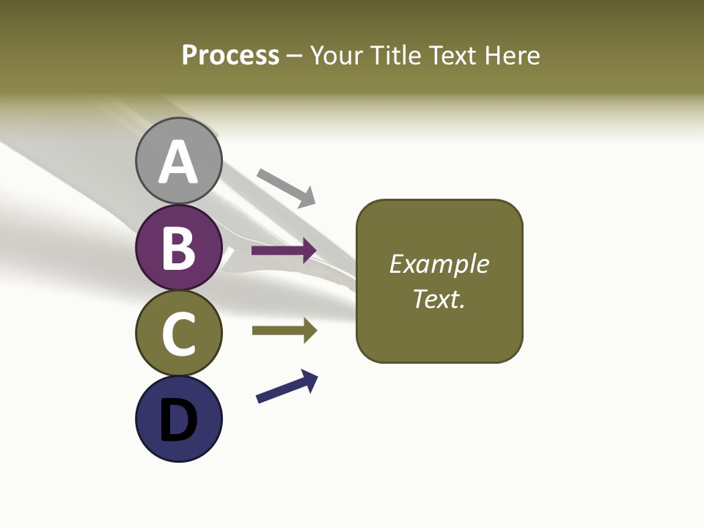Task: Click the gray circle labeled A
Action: tap(178, 161)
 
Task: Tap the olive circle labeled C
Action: tap(178, 333)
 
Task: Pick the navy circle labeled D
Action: tap(178, 419)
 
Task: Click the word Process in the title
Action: tap(230, 55)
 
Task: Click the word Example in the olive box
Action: tap(439, 264)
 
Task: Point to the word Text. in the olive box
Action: tap(439, 298)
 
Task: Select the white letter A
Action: tap(178, 162)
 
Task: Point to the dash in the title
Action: tap(295, 56)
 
